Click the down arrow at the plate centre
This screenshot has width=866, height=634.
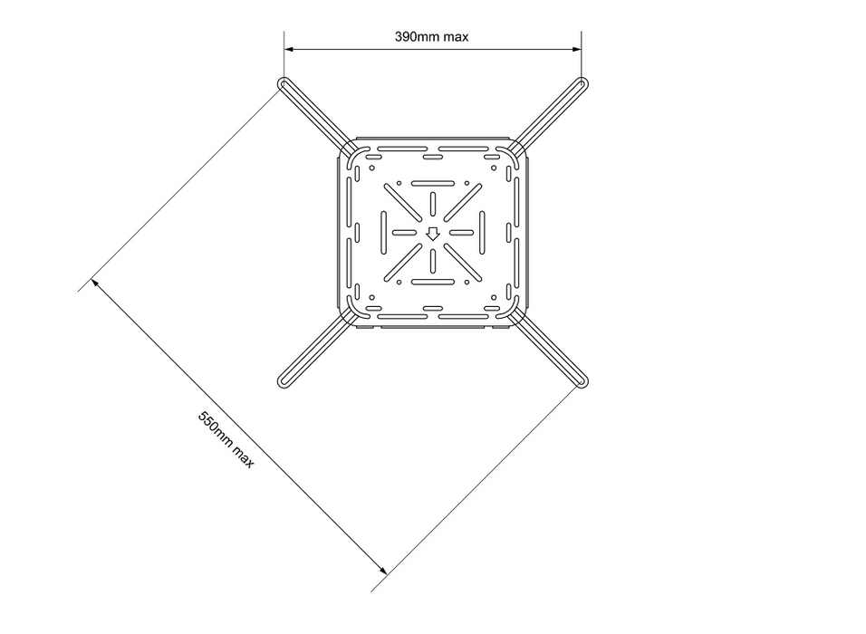(x=433, y=234)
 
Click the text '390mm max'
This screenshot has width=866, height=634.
(x=432, y=37)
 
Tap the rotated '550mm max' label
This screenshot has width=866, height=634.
(x=226, y=439)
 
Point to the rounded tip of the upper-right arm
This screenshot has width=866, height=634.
(x=582, y=84)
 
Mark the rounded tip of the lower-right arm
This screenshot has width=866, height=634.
(x=582, y=380)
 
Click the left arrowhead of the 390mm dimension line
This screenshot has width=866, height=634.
(x=289, y=49)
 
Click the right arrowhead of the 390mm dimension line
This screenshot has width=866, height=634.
(x=577, y=49)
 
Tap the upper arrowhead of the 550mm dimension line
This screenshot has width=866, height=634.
(x=95, y=283)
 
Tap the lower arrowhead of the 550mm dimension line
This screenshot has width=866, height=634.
(x=382, y=570)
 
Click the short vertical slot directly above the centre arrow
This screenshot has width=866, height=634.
(x=433, y=205)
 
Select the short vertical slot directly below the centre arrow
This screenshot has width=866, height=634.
(x=433, y=261)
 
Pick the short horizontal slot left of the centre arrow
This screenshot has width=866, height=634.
(x=404, y=233)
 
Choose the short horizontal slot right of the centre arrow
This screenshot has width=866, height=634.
(x=461, y=233)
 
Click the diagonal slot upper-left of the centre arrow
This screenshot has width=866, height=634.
(x=403, y=203)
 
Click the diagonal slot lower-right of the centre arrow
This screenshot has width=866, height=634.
(x=463, y=263)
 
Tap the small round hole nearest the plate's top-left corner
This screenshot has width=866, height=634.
(x=371, y=168)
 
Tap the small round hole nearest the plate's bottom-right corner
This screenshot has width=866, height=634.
(x=494, y=297)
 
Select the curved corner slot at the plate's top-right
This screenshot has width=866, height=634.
(x=508, y=157)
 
